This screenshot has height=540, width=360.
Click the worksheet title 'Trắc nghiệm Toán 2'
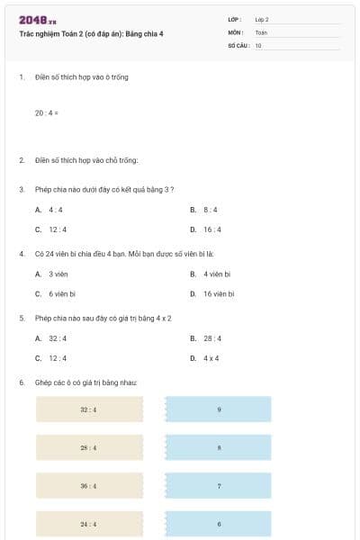(x=91, y=34)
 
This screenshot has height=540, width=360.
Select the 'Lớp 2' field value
(x=262, y=19)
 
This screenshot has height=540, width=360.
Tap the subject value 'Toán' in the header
(x=261, y=31)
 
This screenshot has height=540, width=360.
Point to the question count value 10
(x=258, y=44)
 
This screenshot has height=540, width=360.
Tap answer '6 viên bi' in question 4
(x=62, y=293)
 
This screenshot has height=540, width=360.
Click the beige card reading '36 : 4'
(x=89, y=485)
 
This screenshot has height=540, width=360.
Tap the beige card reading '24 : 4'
(x=89, y=523)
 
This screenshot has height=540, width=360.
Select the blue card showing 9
(x=219, y=409)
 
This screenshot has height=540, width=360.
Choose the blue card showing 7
(x=219, y=485)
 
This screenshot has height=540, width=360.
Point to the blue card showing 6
(x=219, y=523)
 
